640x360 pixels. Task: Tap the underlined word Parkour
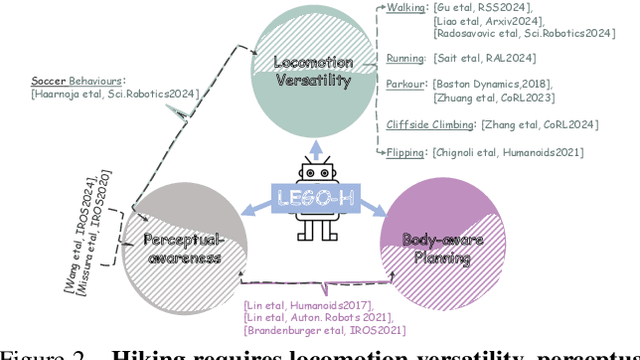click(x=407, y=85)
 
